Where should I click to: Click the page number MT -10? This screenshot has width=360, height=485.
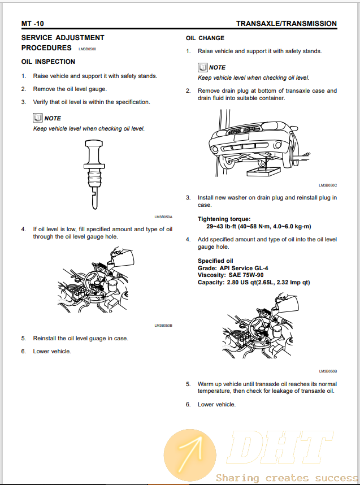(x=32, y=24)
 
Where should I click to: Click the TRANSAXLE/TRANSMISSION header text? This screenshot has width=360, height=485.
(x=286, y=24)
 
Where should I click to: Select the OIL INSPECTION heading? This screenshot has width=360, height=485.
(x=48, y=62)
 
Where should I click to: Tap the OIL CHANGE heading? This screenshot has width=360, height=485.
(x=205, y=38)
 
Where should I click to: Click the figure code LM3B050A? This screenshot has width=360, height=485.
(x=163, y=217)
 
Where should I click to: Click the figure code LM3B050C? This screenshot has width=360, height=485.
(x=328, y=185)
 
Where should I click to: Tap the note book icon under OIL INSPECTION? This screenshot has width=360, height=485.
(x=38, y=118)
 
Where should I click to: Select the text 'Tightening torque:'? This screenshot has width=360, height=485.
(x=224, y=219)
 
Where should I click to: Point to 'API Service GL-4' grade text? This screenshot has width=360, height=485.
(x=249, y=268)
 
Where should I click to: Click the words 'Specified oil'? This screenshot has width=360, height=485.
(x=216, y=261)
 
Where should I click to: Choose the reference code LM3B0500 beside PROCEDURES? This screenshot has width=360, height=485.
(x=88, y=49)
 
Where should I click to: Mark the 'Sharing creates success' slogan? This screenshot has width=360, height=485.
(x=287, y=478)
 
